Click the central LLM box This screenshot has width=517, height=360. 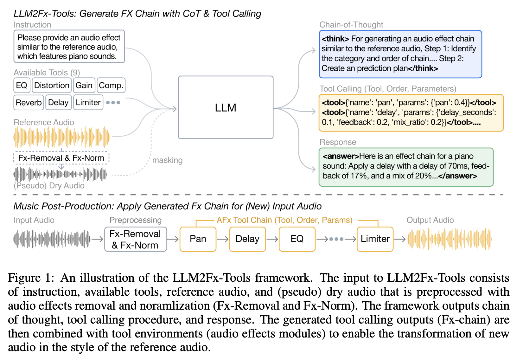(x=226, y=107)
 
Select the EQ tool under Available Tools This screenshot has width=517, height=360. (x=22, y=86)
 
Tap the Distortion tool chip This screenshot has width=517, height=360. (x=52, y=86)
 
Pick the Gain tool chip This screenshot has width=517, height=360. (x=84, y=86)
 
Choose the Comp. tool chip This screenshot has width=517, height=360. (x=111, y=86)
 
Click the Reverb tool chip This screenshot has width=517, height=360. (x=29, y=103)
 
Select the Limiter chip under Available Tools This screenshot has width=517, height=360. (x=88, y=103)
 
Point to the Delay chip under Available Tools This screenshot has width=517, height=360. (x=58, y=103)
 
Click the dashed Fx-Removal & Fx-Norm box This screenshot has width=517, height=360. (x=61, y=158)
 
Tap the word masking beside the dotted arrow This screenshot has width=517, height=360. (x=167, y=160)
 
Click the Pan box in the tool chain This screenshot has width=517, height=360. (x=198, y=239)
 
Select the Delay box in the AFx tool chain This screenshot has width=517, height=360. (x=247, y=239)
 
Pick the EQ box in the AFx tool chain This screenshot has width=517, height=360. (x=297, y=239)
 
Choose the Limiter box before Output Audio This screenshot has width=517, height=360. (x=375, y=239)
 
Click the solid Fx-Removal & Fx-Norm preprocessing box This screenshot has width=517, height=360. (x=135, y=239)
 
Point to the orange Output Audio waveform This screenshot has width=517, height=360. (x=450, y=239)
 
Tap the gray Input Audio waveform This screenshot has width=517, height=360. (x=52, y=239)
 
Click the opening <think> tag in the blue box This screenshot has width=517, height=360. (x=335, y=39)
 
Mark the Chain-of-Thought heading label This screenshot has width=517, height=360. (x=351, y=25)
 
